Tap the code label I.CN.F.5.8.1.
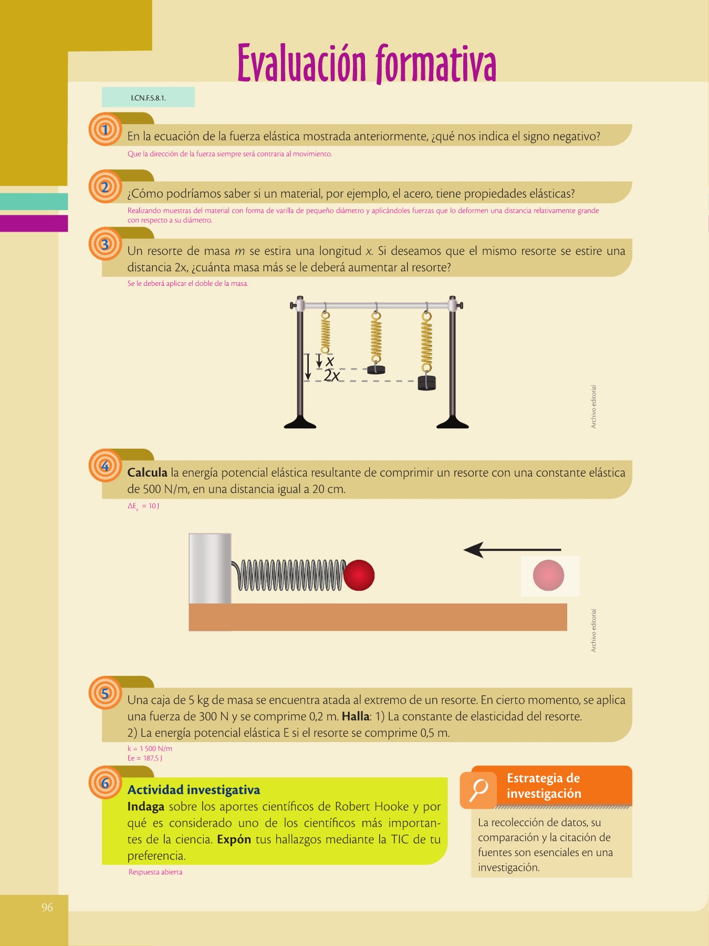(149, 98)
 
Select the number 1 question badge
(105, 129)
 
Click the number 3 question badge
(105, 244)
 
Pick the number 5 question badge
(105, 693)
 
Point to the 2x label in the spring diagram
(331, 375)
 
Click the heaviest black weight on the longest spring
(426, 383)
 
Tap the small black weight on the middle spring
(376, 369)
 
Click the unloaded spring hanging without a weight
(326, 333)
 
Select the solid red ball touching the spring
(359, 575)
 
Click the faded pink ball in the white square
(548, 575)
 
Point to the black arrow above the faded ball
(512, 550)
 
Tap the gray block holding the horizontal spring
(210, 568)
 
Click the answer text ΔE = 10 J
(143, 506)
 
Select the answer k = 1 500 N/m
(150, 748)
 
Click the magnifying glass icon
(478, 790)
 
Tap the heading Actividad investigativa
(194, 790)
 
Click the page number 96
(47, 907)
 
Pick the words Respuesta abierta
(155, 872)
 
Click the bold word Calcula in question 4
(147, 472)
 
